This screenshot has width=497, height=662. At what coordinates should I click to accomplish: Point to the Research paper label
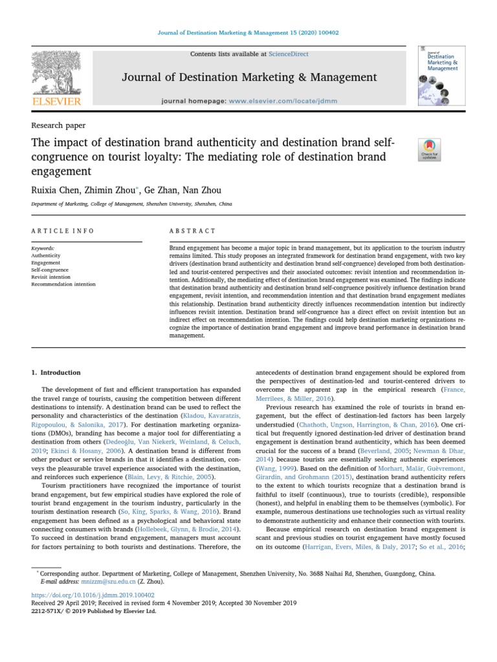pyautogui.click(x=58, y=125)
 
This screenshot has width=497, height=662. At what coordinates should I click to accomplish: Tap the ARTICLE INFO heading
pyautogui.click(x=63, y=231)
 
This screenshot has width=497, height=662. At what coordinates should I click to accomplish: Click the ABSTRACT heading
pyautogui.click(x=192, y=231)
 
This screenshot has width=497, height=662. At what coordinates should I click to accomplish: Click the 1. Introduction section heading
pyautogui.click(x=56, y=372)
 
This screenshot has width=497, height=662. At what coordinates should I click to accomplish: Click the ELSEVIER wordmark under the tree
pyautogui.click(x=58, y=101)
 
